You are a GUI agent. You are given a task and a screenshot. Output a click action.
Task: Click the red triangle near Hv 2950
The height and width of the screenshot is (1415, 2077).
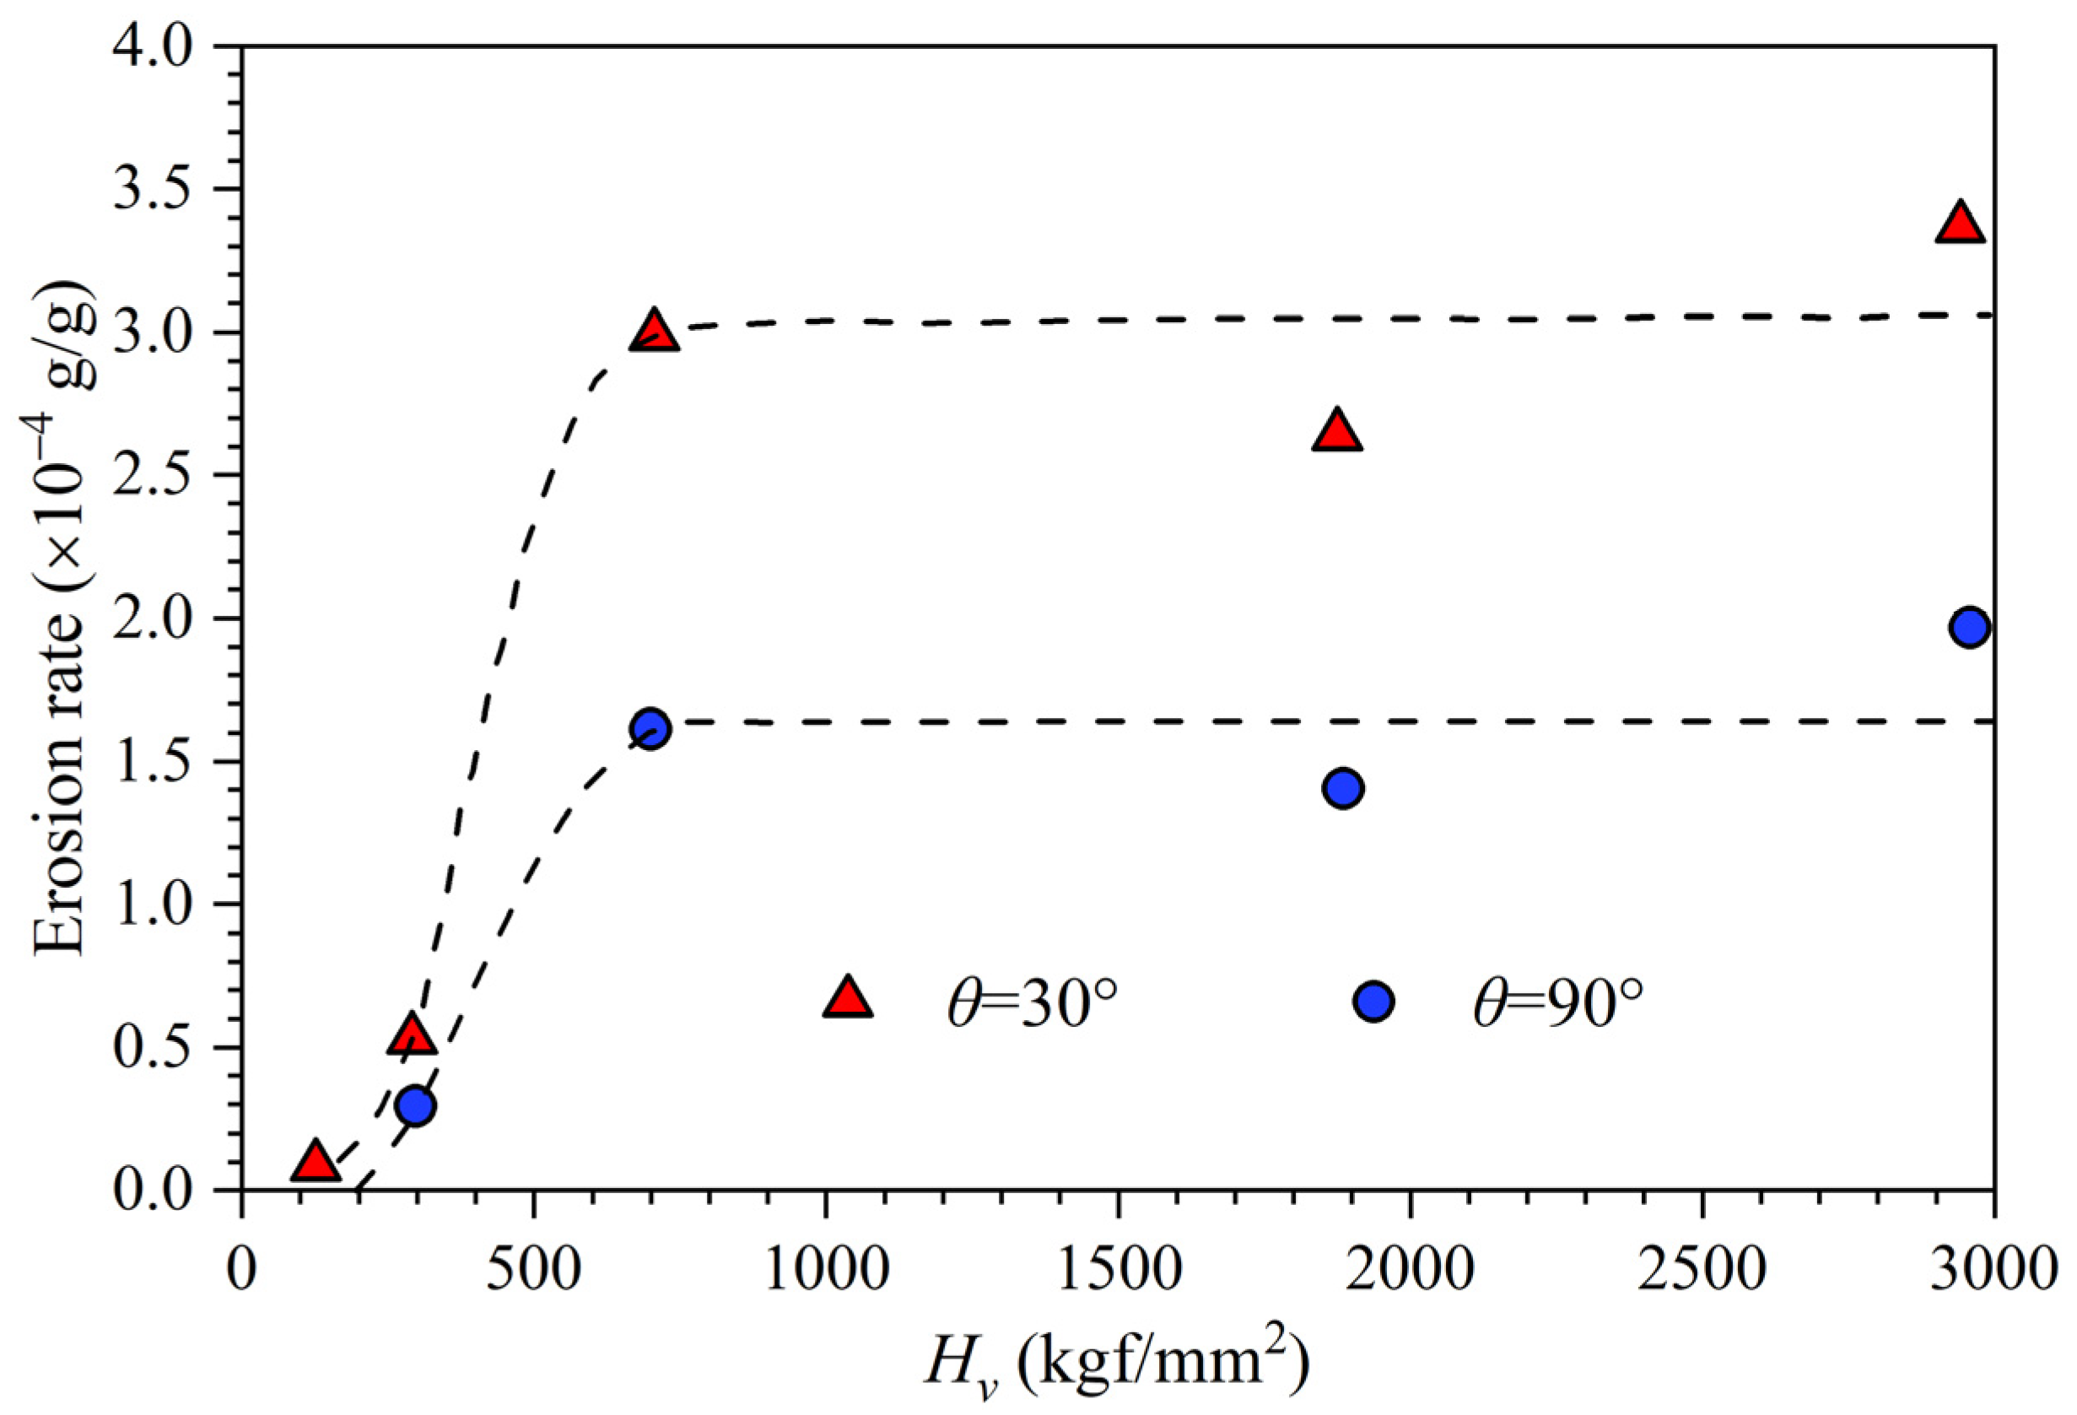[1960, 224]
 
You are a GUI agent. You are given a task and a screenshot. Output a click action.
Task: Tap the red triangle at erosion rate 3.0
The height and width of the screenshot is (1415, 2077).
[654, 332]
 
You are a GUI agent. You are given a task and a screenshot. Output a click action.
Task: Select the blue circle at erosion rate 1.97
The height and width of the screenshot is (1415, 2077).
[1970, 628]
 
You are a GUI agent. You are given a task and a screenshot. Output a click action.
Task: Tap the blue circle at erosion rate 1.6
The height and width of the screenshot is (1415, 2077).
[650, 728]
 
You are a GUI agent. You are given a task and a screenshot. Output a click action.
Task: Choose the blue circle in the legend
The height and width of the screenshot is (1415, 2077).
[1373, 1002]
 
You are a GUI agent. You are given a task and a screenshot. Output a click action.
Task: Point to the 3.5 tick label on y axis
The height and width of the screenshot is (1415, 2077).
[152, 190]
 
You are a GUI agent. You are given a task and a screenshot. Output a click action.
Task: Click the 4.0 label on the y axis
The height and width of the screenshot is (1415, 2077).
[152, 46]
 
